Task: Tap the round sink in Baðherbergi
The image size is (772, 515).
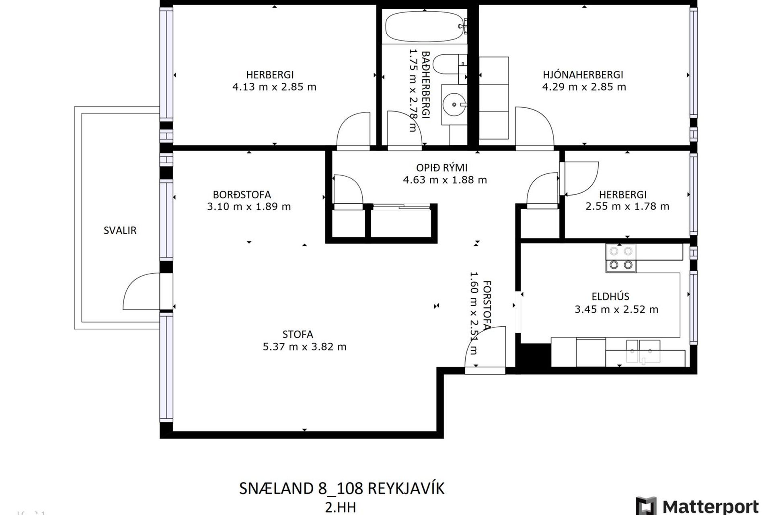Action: (x=454, y=105)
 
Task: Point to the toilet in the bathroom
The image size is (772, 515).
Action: (x=448, y=64)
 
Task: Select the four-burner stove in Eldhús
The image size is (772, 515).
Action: (x=621, y=258)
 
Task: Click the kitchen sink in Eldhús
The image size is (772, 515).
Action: (x=643, y=351)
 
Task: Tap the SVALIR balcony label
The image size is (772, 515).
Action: (x=120, y=231)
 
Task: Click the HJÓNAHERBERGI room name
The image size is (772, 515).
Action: (x=583, y=75)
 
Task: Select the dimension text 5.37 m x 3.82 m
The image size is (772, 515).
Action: (x=304, y=347)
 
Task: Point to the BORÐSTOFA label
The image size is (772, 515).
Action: (x=242, y=195)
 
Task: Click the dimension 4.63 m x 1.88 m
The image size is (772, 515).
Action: (x=445, y=180)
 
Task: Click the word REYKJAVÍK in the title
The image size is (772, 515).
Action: (x=406, y=488)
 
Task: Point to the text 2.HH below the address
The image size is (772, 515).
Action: (x=340, y=507)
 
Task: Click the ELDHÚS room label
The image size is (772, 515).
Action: (x=610, y=297)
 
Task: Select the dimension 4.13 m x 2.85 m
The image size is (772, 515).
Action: (x=274, y=87)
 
